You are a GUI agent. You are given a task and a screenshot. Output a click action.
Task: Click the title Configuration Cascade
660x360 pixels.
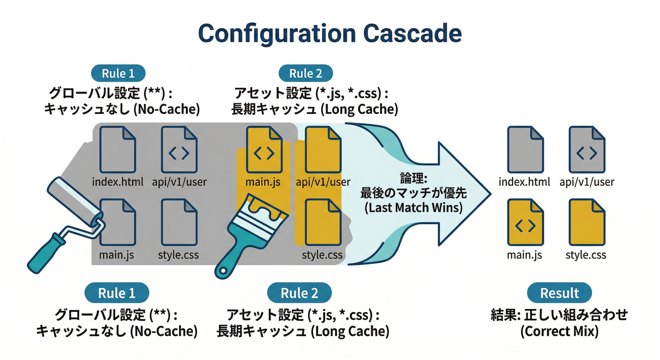[x=330, y=34]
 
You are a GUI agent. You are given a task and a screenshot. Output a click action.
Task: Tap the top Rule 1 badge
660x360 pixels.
[x=118, y=74]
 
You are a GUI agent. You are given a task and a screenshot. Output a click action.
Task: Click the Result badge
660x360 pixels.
[x=559, y=293]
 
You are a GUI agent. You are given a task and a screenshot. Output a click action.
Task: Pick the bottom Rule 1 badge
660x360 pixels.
[x=117, y=293]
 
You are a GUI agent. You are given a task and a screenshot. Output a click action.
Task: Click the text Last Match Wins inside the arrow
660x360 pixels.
[x=413, y=207]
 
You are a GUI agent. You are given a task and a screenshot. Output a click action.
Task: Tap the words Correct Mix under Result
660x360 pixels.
[x=559, y=331]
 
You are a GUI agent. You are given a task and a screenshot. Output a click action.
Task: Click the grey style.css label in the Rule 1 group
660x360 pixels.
[x=179, y=255]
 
